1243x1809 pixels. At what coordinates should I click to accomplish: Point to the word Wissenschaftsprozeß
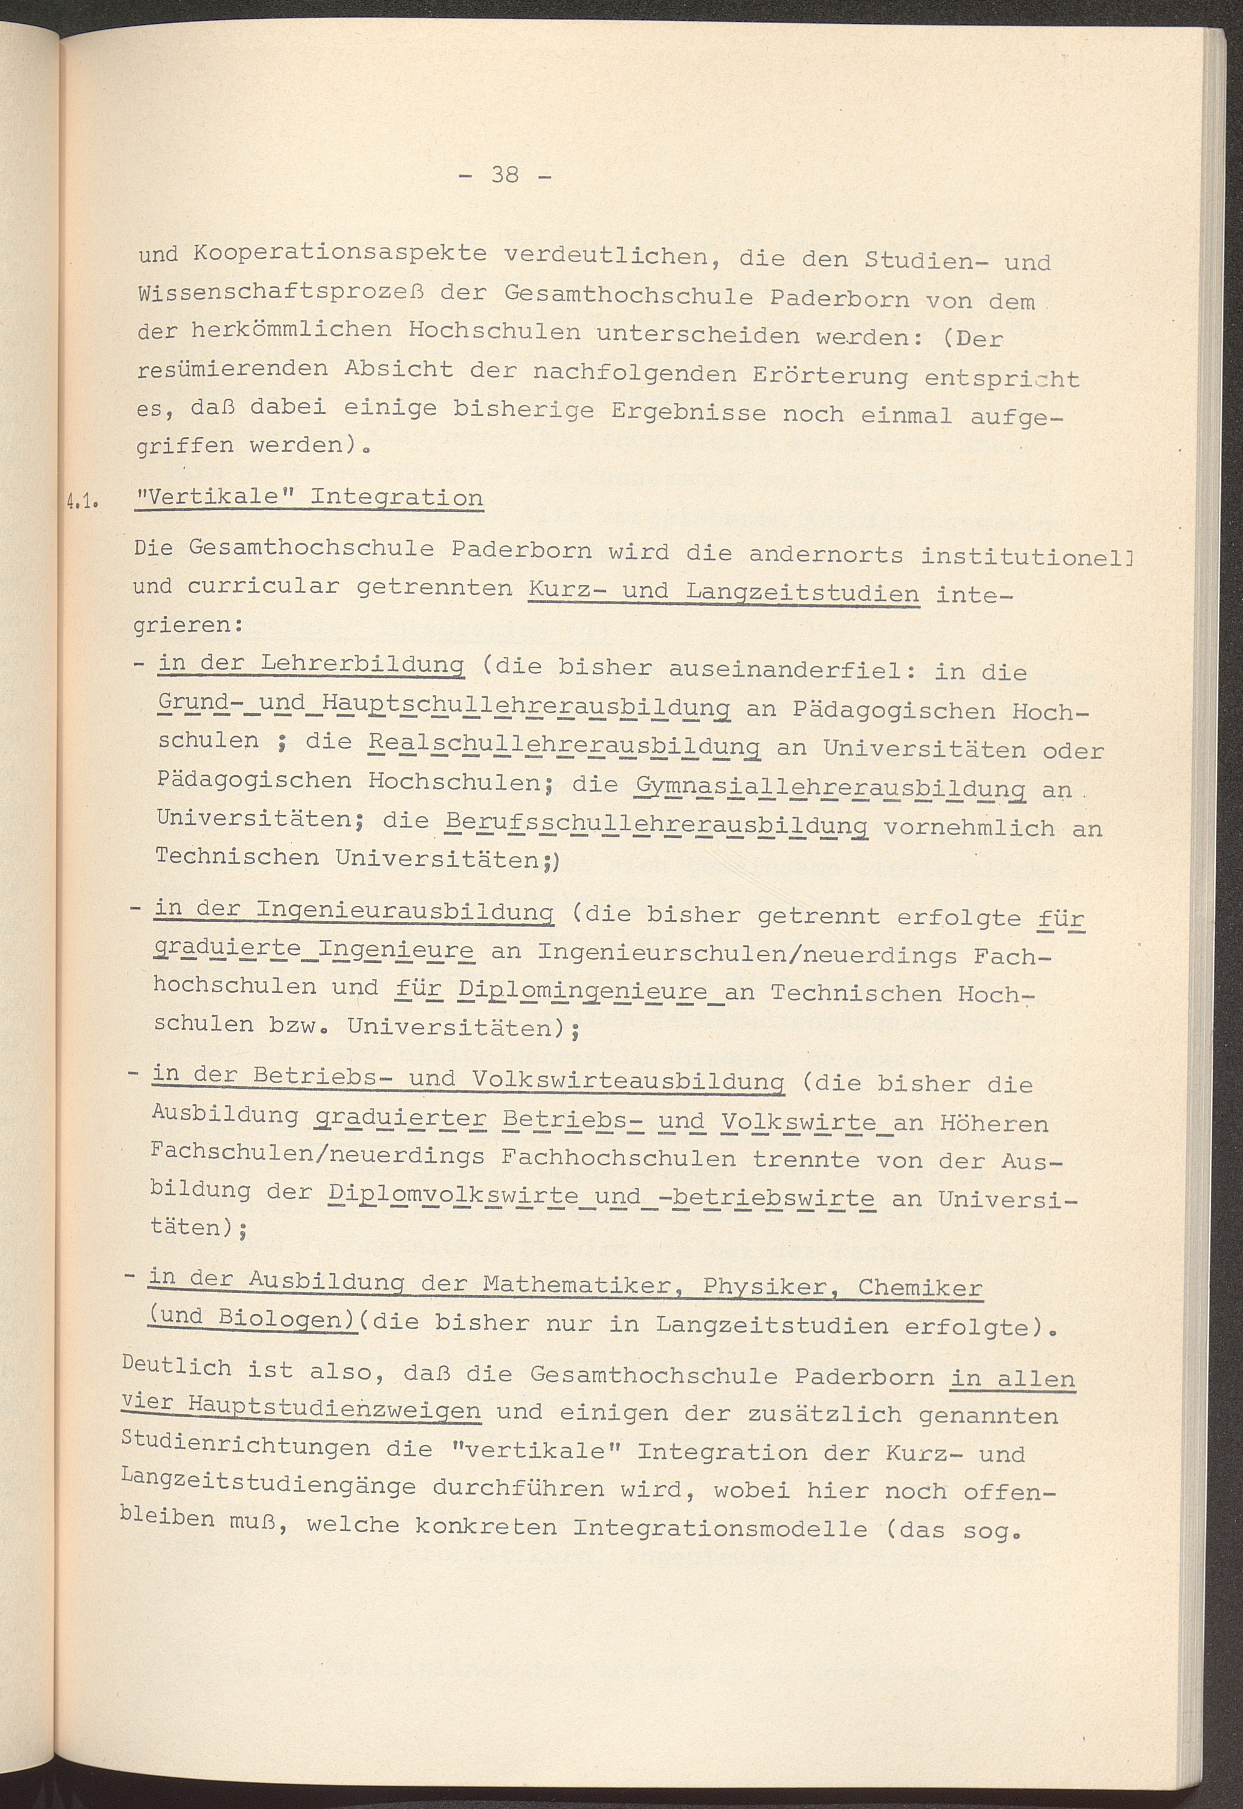(312, 294)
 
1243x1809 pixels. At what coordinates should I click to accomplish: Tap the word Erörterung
(830, 376)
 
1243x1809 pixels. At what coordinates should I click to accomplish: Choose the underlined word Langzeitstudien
(802, 594)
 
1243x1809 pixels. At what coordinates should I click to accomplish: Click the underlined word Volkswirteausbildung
(628, 1079)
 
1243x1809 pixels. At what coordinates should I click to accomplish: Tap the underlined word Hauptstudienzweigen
(335, 1409)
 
